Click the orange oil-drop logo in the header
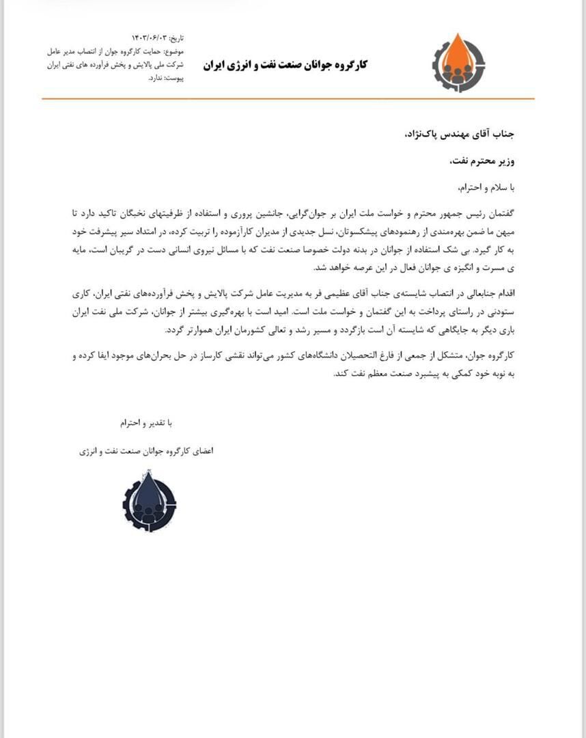[458, 63]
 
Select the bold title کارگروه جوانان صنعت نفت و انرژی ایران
[285, 64]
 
